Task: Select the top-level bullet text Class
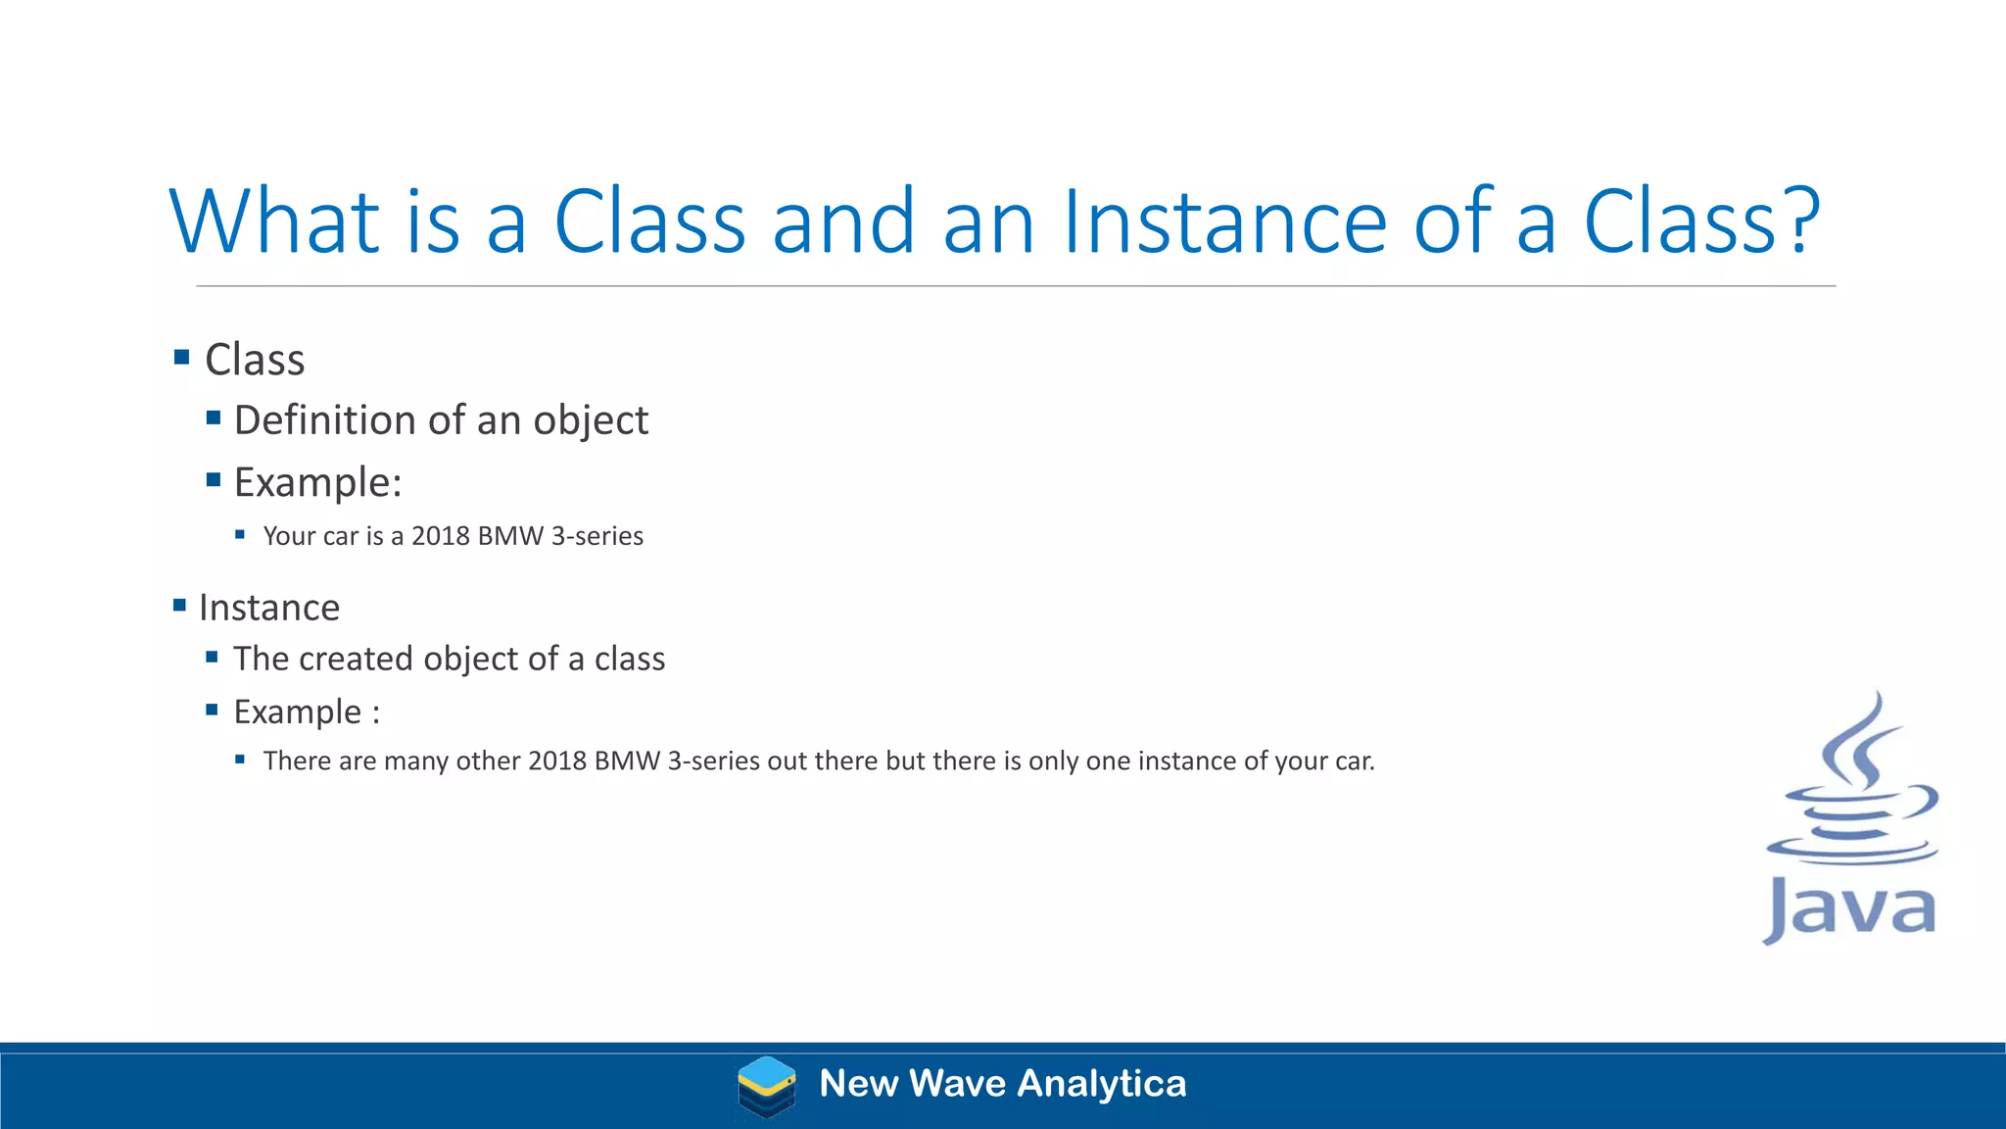[x=255, y=360]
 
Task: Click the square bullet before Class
[x=181, y=357]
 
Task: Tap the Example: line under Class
[x=317, y=482]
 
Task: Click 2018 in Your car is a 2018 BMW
[x=440, y=536]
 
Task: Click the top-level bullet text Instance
[x=269, y=608]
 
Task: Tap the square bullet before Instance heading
[x=179, y=605]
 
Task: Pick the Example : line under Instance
[x=306, y=712]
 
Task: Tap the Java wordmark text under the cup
[x=1849, y=909]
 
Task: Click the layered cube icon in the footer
[x=766, y=1086]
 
